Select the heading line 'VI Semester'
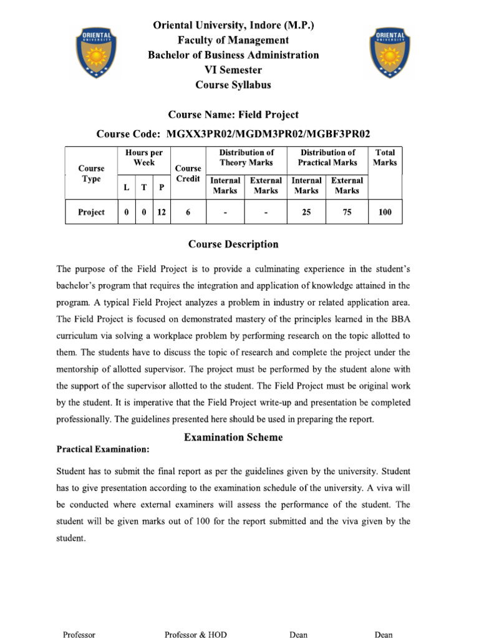233,70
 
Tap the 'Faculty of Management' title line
233,40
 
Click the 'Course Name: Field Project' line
233,115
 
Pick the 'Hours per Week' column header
144,158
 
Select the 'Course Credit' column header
188,173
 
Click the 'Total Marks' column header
385,158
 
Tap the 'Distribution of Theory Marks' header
246,158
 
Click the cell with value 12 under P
162,212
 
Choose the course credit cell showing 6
188,212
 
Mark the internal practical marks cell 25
306,212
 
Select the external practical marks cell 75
347,212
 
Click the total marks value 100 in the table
385,212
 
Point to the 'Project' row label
91,212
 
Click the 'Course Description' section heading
233,244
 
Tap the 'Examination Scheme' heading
233,437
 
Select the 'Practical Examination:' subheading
103,449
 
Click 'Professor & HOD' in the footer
196,634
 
